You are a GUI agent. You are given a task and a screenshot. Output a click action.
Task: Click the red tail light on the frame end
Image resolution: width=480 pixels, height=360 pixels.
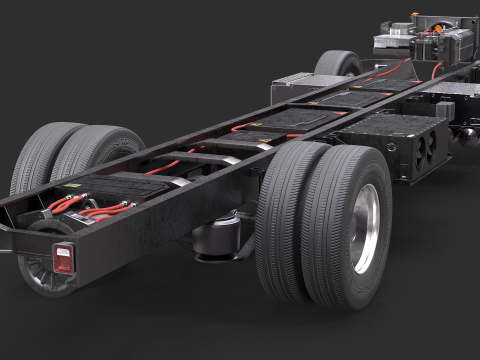click(x=64, y=258)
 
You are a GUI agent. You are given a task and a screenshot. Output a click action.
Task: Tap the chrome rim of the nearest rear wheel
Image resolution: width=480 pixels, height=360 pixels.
click(x=366, y=227)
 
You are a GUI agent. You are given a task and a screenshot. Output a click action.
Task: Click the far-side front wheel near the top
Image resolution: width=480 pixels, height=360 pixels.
click(x=337, y=64)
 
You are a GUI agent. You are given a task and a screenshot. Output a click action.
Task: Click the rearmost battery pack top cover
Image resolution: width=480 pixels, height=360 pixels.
click(x=120, y=184)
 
